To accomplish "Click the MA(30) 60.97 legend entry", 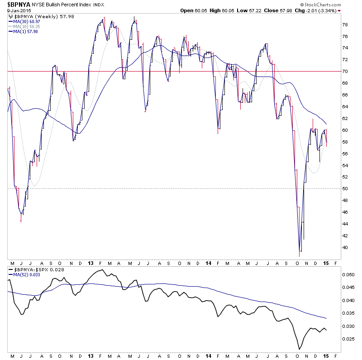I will point(25,21).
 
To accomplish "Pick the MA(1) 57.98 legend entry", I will point(24,31).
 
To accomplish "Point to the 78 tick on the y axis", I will point(344,24).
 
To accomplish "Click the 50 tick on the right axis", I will point(344,189).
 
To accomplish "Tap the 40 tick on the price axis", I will point(344,248).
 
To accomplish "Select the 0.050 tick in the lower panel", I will point(348,274).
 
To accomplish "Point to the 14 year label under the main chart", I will point(208,263).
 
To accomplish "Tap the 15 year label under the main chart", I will point(326,263).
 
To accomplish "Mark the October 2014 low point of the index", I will point(300,250).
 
